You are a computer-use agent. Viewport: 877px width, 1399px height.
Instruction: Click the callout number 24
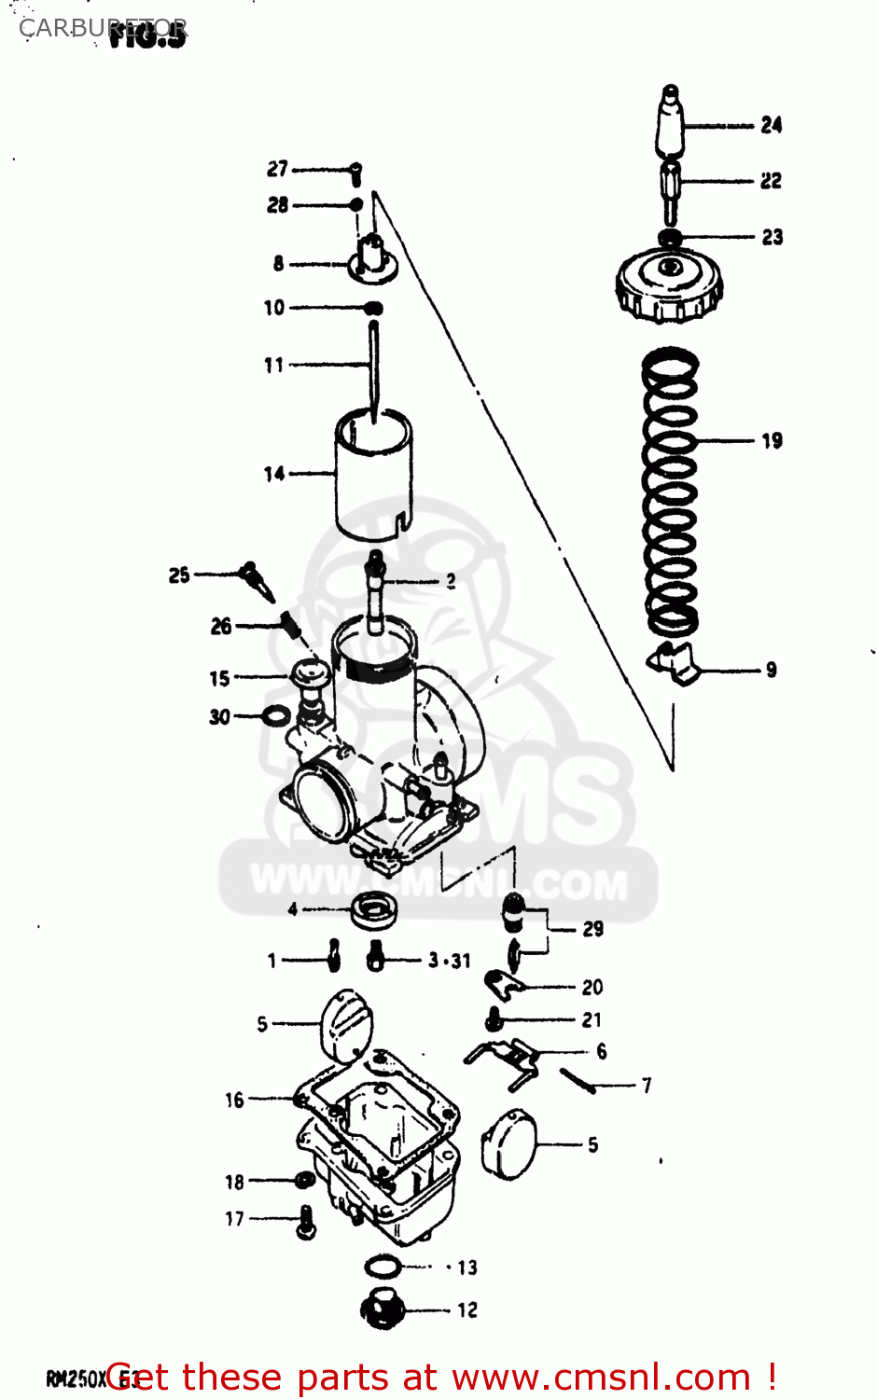771,125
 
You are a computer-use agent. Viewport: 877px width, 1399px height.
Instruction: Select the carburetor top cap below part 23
669,284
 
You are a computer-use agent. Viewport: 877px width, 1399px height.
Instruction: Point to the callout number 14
273,474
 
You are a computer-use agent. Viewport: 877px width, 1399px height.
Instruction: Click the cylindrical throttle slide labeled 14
373,476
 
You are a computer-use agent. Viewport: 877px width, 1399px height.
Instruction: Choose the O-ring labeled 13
383,1267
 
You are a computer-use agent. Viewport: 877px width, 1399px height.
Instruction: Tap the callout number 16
234,1101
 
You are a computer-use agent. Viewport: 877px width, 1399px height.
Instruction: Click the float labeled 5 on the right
509,1144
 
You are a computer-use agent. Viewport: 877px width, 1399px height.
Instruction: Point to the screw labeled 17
305,1221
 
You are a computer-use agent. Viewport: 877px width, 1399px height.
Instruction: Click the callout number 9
771,670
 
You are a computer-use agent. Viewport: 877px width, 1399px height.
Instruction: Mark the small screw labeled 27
355,173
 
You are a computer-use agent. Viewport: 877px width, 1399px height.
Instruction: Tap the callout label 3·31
449,961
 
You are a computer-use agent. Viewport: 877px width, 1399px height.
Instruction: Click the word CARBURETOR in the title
103,28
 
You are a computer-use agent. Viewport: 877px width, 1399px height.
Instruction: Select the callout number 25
179,575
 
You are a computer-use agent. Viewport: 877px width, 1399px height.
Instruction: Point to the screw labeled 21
494,1019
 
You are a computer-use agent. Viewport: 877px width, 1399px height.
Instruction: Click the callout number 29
592,929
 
